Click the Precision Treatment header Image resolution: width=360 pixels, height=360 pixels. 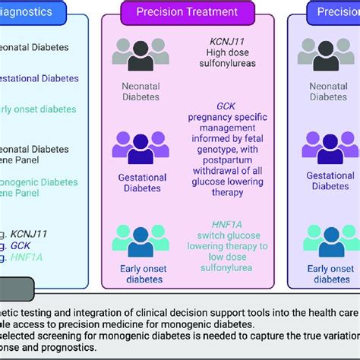pos(186,12)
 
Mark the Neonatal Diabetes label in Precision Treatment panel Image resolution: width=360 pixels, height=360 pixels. pos(141,91)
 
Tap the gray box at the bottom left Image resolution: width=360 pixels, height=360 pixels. pos(16,289)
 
